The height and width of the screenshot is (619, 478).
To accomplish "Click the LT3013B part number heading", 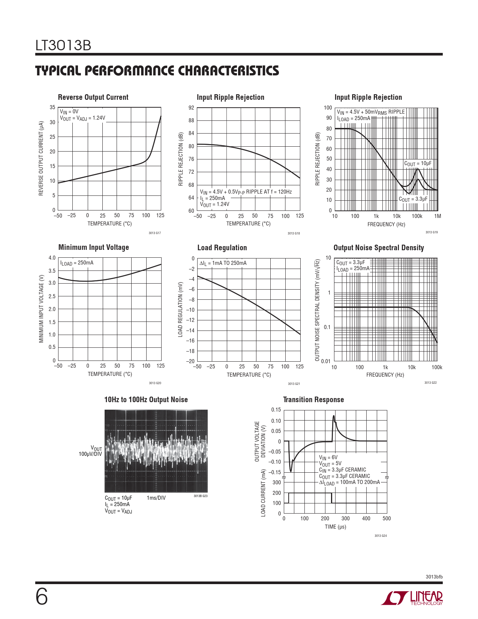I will click(x=63, y=45).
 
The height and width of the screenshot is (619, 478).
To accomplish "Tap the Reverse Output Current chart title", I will click(x=93, y=97).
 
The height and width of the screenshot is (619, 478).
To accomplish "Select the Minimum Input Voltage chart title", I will click(x=94, y=247).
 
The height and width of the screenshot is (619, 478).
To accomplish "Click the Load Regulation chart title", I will click(x=222, y=248).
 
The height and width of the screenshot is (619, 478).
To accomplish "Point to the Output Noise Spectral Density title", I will click(x=379, y=248).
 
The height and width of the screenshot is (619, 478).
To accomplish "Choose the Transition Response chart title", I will click(x=313, y=400).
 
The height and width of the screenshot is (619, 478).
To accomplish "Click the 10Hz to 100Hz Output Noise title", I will click(x=146, y=400).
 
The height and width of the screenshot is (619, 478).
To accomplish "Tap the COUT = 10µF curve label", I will click(x=418, y=164).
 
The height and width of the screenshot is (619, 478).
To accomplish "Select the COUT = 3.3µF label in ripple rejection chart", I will click(x=413, y=199).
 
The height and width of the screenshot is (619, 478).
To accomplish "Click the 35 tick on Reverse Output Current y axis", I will click(x=52, y=107).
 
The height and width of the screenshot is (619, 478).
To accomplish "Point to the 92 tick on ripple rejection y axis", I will click(x=191, y=108).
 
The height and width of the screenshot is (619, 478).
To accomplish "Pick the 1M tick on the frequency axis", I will click(x=437, y=216).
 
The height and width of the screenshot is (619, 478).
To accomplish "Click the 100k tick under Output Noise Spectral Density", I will click(x=437, y=367).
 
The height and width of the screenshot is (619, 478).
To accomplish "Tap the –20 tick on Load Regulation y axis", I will click(x=191, y=361).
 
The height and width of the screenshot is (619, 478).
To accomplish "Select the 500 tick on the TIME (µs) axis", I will click(x=387, y=518).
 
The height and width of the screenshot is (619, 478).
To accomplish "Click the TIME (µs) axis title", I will click(x=335, y=527).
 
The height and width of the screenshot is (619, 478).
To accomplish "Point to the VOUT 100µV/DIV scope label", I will click(x=90, y=451).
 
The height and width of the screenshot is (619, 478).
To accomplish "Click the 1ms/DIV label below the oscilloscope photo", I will click(x=156, y=498).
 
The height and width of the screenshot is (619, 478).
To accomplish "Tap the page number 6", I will click(x=42, y=596).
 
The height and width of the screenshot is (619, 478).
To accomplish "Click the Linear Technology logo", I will click(x=412, y=598).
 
